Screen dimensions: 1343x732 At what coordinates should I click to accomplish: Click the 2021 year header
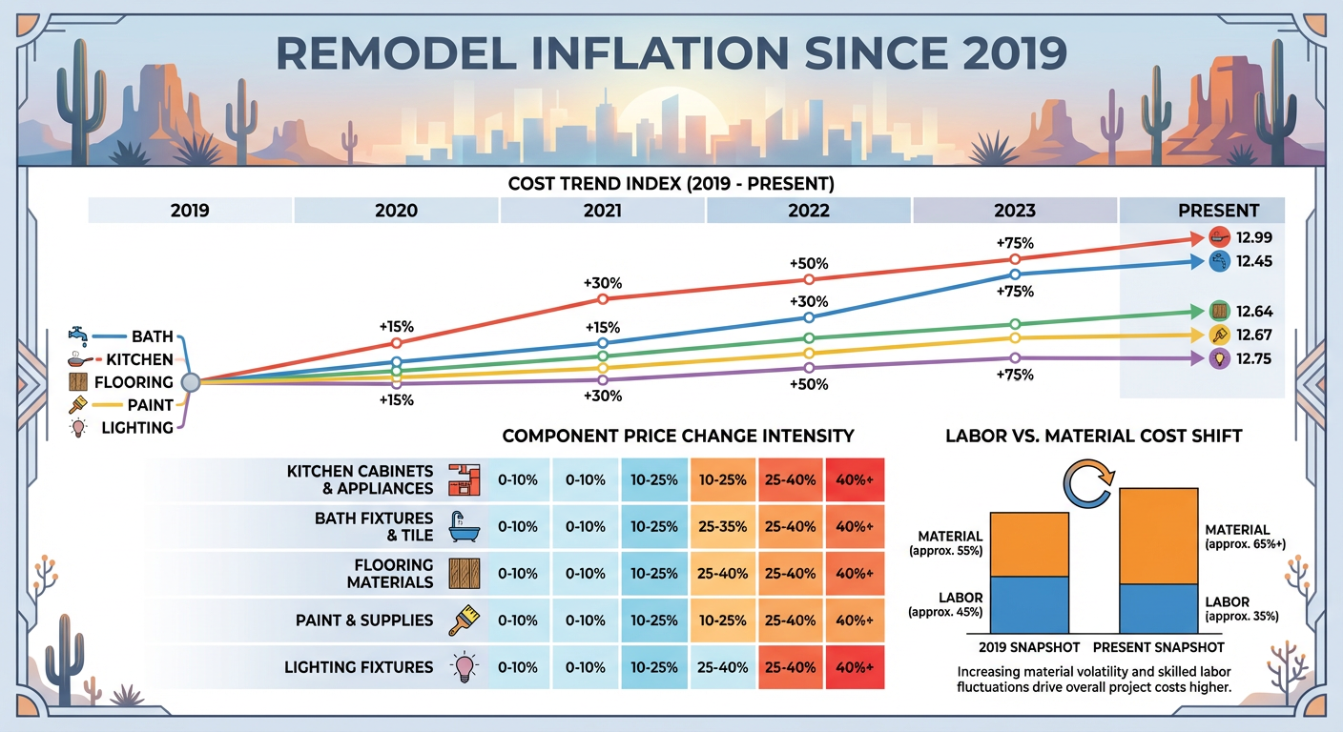click(603, 211)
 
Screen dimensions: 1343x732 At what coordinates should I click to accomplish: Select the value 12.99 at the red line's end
click(1253, 237)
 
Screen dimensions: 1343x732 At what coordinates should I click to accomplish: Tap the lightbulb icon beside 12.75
click(1220, 358)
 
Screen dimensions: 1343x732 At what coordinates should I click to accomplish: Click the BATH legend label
click(153, 336)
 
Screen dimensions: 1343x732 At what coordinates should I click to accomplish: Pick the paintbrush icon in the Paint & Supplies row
click(465, 620)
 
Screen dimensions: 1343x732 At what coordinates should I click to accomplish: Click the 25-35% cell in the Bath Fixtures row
click(722, 526)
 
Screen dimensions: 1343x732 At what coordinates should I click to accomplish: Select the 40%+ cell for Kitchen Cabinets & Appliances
click(855, 479)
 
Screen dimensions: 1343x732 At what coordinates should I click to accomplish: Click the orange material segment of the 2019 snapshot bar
click(1029, 544)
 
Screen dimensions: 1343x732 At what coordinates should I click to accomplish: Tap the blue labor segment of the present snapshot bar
click(1158, 609)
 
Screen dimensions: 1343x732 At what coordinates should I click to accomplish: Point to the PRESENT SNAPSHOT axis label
click(1158, 647)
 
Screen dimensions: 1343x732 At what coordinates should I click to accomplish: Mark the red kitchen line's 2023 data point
click(1015, 259)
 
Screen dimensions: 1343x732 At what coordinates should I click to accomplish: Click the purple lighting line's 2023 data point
click(1015, 357)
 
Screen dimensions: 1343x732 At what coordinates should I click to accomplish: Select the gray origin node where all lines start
click(190, 382)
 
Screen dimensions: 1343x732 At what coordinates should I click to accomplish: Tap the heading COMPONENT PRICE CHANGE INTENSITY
click(678, 437)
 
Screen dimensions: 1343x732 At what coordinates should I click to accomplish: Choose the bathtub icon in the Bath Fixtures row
click(465, 526)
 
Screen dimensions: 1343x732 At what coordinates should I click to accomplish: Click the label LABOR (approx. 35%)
click(1242, 609)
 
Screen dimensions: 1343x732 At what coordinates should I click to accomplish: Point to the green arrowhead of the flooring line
click(1197, 312)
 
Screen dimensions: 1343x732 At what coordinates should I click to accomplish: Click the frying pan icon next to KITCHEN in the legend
click(78, 359)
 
